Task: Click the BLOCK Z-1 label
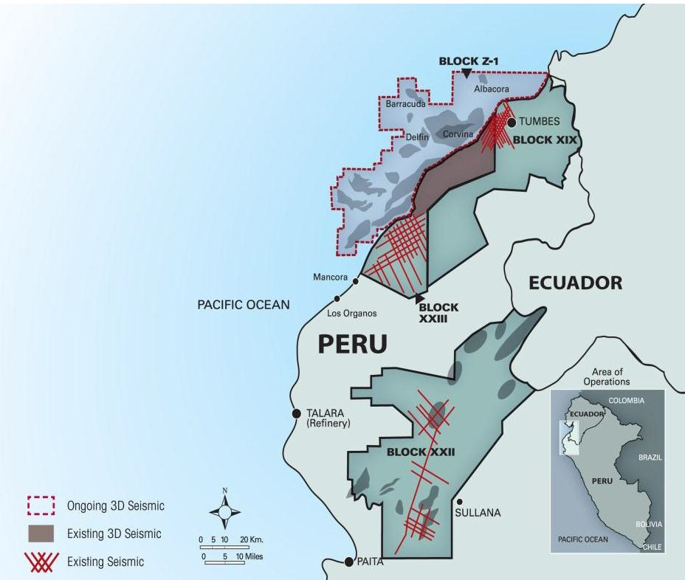click(466, 61)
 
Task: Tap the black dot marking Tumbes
click(512, 122)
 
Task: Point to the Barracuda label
click(405, 105)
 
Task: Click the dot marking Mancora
click(356, 280)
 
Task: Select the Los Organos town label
click(352, 313)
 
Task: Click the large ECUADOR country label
click(575, 283)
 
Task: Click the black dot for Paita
click(348, 562)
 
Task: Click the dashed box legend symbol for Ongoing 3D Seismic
click(41, 506)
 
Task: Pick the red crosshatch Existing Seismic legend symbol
click(41, 562)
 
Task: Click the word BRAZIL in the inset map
click(650, 458)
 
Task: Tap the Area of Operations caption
click(606, 376)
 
